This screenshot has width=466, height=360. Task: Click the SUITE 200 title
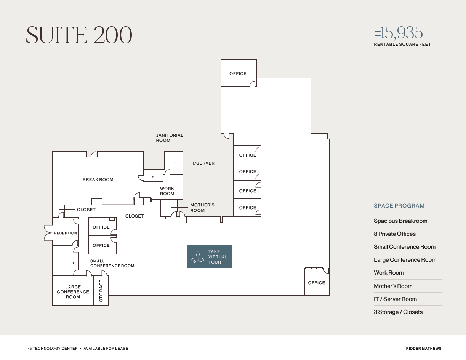(x=79, y=35)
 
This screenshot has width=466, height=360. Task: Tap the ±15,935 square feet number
(x=399, y=34)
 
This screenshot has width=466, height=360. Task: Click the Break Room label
(x=98, y=179)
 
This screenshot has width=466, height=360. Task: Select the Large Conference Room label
(x=73, y=292)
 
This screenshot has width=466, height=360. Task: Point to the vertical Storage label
(x=101, y=291)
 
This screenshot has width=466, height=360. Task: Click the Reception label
(x=65, y=233)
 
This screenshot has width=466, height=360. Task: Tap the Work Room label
(x=167, y=191)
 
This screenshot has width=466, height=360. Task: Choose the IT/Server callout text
(x=202, y=163)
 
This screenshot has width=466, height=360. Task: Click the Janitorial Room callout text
(x=170, y=138)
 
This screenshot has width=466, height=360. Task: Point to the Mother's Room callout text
(x=202, y=208)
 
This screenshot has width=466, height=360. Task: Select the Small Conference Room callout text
(x=112, y=263)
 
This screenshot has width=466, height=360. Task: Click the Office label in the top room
(x=238, y=74)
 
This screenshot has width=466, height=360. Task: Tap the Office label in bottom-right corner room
(x=316, y=283)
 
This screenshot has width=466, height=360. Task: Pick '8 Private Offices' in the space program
(x=394, y=234)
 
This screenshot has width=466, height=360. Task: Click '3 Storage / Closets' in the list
(x=398, y=312)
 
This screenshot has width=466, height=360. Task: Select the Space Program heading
(x=399, y=206)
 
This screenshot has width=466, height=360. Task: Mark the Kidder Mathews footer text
(x=424, y=349)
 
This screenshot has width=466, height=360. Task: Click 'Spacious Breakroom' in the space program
(x=400, y=221)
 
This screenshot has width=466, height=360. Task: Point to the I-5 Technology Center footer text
(x=52, y=349)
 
